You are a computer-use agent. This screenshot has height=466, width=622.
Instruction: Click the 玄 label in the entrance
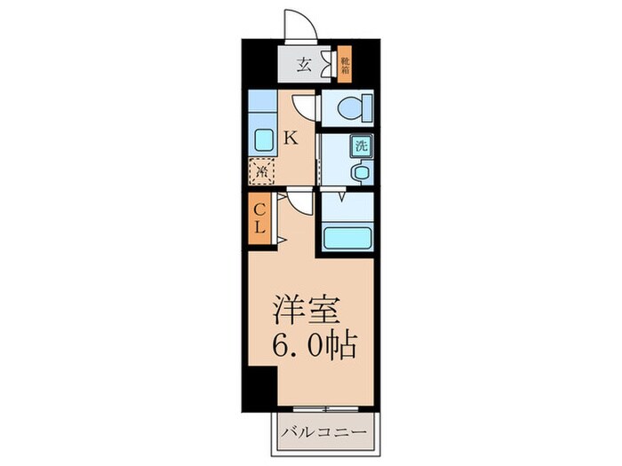click(x=303, y=64)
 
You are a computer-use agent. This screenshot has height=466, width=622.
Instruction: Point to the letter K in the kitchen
click(x=290, y=138)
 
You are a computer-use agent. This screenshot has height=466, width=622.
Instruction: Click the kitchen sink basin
click(x=263, y=140)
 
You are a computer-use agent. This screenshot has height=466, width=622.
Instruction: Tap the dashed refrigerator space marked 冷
click(x=263, y=170)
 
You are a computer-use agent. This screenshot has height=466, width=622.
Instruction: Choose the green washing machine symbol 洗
click(x=362, y=144)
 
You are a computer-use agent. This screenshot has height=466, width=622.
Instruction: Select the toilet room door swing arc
click(x=305, y=106)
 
